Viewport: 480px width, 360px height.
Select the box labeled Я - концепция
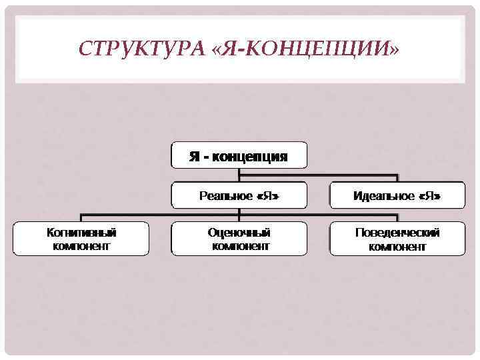pyautogui.click(x=239, y=155)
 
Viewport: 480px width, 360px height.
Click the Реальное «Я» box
pyautogui.click(x=239, y=196)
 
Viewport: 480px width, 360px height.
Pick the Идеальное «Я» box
pyautogui.click(x=397, y=196)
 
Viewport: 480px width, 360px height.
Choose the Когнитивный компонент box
pyautogui.click(x=81, y=239)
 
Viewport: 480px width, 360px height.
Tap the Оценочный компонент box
pyautogui.click(x=239, y=239)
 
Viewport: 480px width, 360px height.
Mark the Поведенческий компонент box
pyautogui.click(x=397, y=239)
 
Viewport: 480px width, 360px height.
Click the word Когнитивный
pyautogui.click(x=81, y=233)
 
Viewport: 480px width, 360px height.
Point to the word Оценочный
pyautogui.click(x=239, y=233)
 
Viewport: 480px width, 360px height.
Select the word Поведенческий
pyautogui.click(x=397, y=233)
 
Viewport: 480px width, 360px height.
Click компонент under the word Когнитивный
pyautogui.click(x=81, y=245)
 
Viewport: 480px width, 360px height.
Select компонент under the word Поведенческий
pyautogui.click(x=397, y=245)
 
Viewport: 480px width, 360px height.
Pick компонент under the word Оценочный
pyautogui.click(x=239, y=245)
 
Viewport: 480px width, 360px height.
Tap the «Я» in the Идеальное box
pyautogui.click(x=431, y=196)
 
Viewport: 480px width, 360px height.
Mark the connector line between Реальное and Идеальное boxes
pyautogui.click(x=319, y=177)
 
